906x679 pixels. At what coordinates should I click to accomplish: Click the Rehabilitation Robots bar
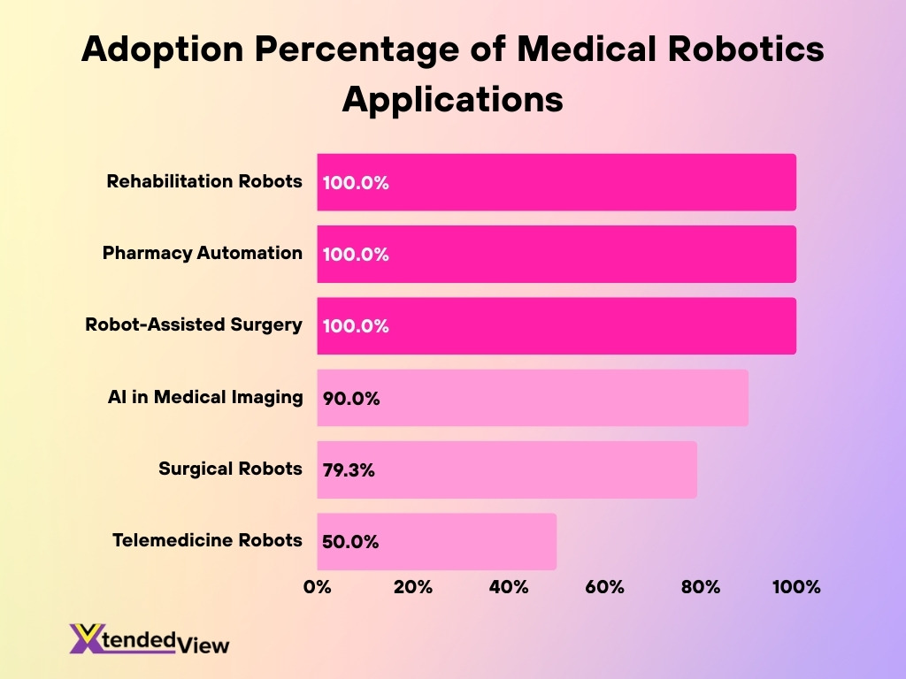[557, 182]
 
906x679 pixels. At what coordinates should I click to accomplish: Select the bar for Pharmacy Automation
[557, 254]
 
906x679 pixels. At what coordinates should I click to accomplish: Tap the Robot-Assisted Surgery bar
[557, 326]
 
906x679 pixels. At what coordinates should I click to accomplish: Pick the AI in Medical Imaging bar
[533, 398]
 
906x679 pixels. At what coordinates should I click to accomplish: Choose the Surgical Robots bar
[507, 469]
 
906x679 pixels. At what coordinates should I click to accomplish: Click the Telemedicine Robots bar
[437, 542]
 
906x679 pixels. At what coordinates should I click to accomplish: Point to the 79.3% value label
[349, 470]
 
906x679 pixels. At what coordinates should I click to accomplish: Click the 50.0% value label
[350, 542]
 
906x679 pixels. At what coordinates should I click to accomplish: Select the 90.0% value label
[351, 399]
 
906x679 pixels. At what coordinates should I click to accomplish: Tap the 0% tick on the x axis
[317, 587]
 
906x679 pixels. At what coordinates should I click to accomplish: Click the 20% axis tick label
[412, 587]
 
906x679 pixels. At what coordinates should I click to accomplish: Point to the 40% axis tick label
[509, 587]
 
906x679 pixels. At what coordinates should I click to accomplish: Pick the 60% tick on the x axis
[604, 587]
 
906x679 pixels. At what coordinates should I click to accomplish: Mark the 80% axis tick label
[701, 587]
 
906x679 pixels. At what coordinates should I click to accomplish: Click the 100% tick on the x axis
[796, 587]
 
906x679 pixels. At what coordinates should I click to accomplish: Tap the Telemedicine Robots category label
[207, 539]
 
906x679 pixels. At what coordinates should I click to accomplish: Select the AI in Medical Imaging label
[205, 397]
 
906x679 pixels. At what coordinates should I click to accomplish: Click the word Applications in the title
[452, 98]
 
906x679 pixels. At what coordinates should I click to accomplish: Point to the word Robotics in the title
[714, 50]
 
